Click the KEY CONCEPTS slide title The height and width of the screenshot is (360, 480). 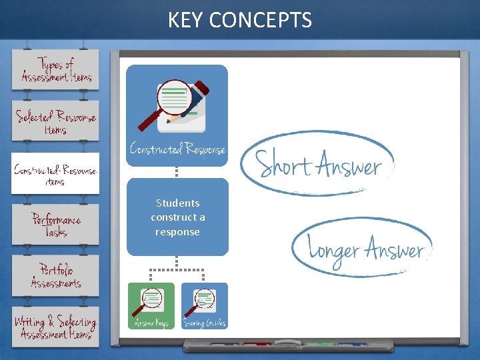[x=239, y=20]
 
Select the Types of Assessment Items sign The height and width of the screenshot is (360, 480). [x=55, y=70]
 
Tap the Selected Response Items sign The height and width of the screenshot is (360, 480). [x=55, y=122]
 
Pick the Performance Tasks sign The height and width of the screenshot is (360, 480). [x=55, y=225]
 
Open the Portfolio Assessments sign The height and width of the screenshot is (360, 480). [x=55, y=276]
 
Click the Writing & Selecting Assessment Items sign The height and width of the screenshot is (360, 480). [x=55, y=327]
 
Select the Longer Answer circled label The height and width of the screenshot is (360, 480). [x=363, y=248]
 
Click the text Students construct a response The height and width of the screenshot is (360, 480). [x=177, y=217]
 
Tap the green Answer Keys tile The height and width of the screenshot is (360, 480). [x=151, y=306]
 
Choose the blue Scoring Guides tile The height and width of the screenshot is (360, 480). [x=204, y=306]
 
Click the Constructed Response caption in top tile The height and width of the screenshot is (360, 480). [x=177, y=149]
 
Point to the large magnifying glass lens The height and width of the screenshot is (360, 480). [x=173, y=97]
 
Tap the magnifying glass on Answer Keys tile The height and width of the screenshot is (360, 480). [x=149, y=301]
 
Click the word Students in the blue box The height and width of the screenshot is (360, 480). [x=177, y=203]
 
